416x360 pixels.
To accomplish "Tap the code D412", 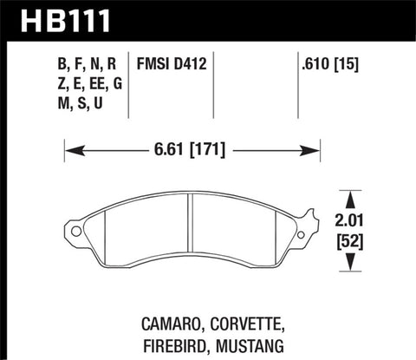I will pyautogui.click(x=192, y=63).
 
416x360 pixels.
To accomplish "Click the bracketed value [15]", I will pyautogui.click(x=350, y=63).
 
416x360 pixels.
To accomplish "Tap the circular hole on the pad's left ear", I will pyautogui.click(x=77, y=232).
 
